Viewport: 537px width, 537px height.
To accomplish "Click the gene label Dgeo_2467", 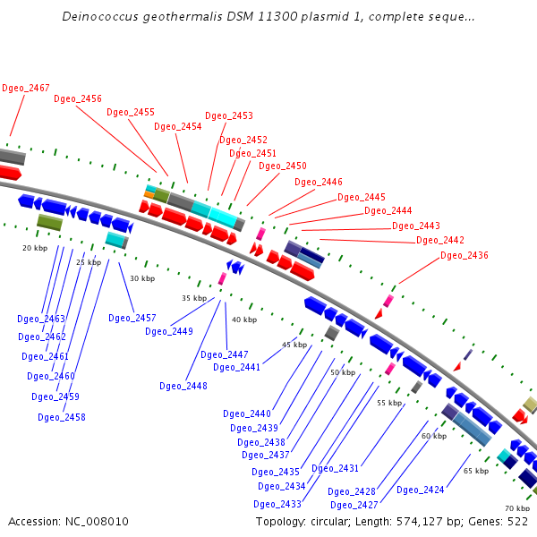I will coord(26,88).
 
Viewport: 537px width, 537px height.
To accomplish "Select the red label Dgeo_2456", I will coord(78,99).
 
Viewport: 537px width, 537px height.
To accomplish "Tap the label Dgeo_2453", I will coord(229,116).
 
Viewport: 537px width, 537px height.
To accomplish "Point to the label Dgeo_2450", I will coord(283,166).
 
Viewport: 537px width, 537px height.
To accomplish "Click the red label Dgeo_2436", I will coord(465,256).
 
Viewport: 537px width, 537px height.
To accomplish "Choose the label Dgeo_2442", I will coord(440,241).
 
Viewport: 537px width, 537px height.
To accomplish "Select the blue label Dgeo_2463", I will coord(41,319).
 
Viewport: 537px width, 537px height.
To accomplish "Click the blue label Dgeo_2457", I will coord(132,319).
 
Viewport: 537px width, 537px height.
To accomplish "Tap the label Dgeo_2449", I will coord(169,332).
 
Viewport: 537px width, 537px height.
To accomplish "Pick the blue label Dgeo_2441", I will coord(237,368).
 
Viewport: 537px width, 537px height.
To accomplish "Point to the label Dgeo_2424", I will coord(421,490).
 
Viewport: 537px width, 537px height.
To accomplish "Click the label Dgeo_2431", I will coord(336,469).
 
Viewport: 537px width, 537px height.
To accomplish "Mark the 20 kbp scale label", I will coord(35,248).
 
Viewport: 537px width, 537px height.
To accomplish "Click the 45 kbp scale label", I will coord(294,345).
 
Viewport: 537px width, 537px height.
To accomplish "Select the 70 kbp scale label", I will coord(517,508).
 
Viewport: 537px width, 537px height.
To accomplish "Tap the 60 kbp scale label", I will coord(434,436).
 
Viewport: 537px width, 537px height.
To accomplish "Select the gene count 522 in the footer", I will coord(516,522).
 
